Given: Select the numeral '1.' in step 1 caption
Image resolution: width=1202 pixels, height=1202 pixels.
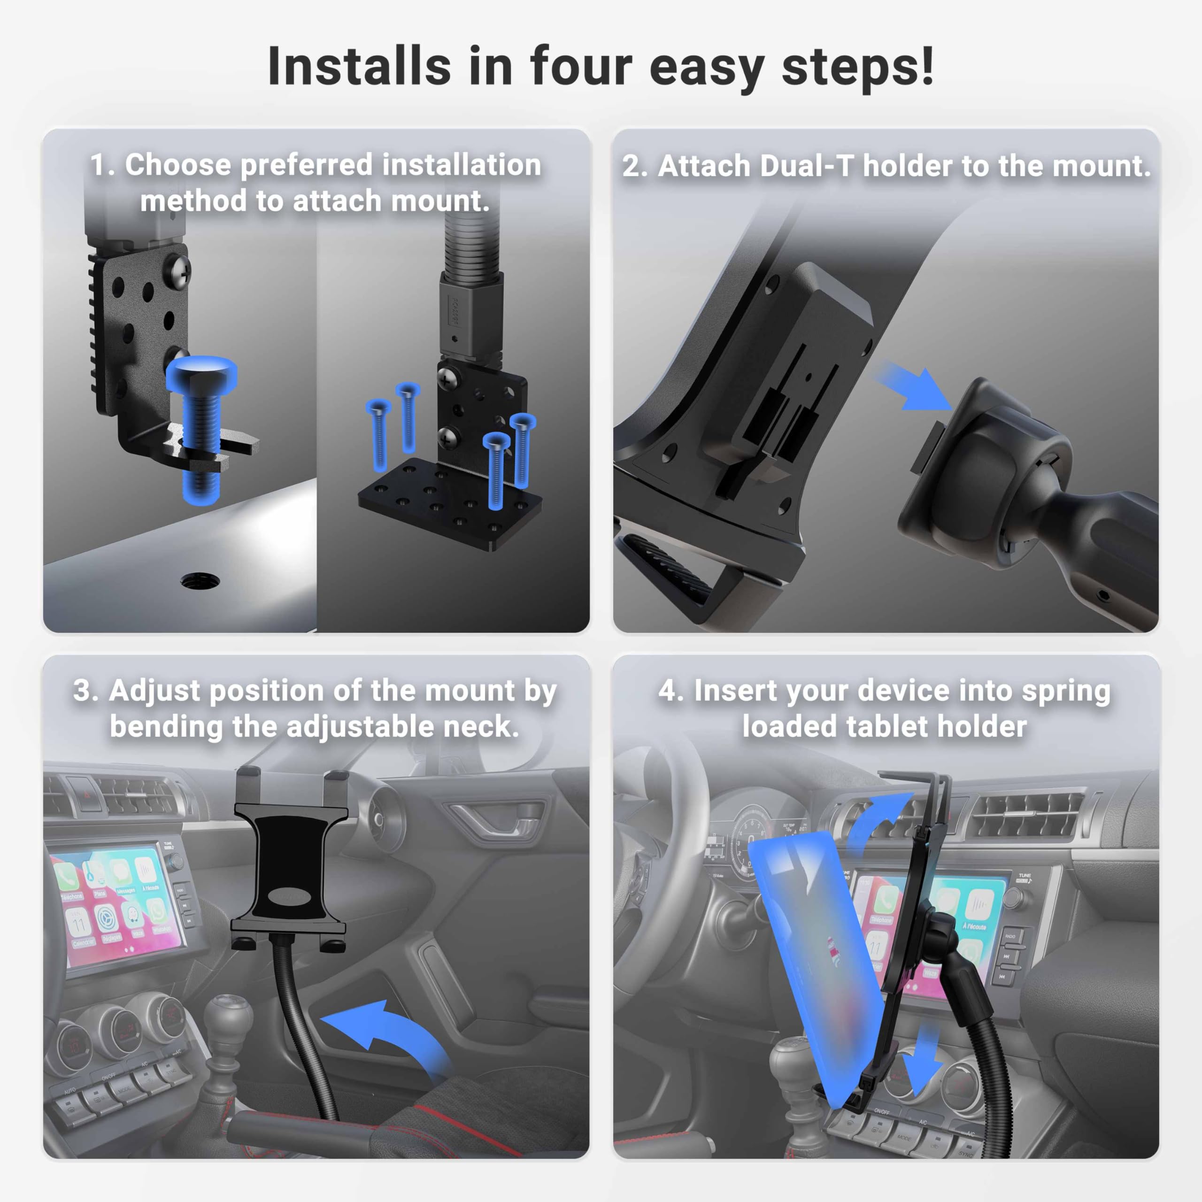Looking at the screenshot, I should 103,165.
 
